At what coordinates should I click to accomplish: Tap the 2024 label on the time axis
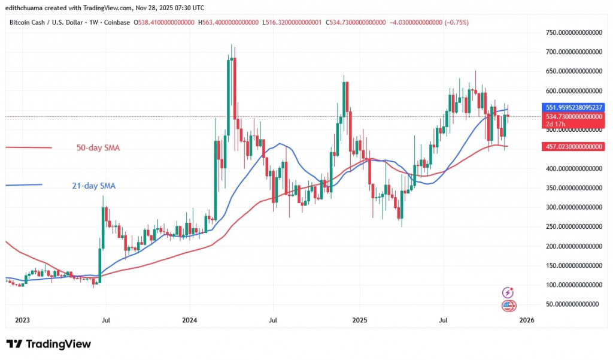point(190,320)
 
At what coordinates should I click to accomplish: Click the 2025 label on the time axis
point(359,320)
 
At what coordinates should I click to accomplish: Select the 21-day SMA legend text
point(89,186)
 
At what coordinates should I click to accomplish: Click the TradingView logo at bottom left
point(48,344)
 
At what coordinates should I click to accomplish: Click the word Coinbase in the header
point(117,22)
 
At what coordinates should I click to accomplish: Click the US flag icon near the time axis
point(508,306)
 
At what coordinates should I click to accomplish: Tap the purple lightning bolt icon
point(508,293)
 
